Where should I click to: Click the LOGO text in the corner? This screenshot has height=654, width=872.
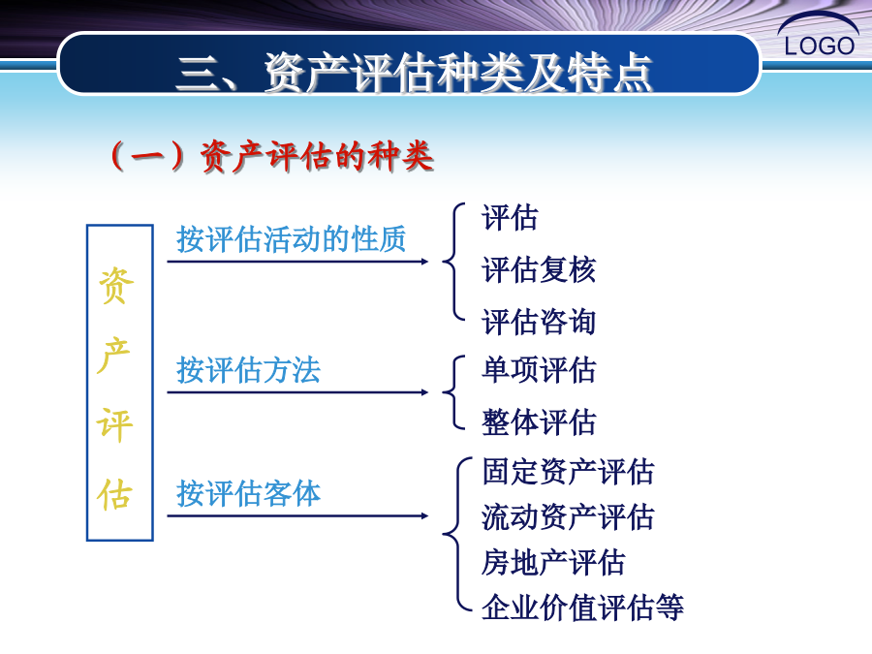pyautogui.click(x=819, y=46)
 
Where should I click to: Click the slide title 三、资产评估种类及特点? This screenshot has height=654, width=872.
pyautogui.click(x=415, y=73)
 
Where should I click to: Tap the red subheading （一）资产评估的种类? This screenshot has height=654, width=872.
pyautogui.click(x=272, y=156)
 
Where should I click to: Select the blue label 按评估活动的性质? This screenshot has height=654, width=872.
pyautogui.click(x=292, y=239)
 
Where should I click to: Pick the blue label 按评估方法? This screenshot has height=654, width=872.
pyautogui.click(x=248, y=370)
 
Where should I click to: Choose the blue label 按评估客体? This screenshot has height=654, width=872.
pyautogui.click(x=248, y=493)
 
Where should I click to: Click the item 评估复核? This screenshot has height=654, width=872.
pyautogui.click(x=539, y=269)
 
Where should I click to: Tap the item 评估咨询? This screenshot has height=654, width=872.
pyautogui.click(x=539, y=322)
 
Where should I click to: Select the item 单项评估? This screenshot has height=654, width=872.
pyautogui.click(x=539, y=370)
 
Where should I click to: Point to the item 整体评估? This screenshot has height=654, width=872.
pyautogui.click(x=539, y=422)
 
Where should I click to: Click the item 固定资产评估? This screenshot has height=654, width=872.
pyautogui.click(x=568, y=472)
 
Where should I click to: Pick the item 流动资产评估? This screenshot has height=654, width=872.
pyautogui.click(x=568, y=517)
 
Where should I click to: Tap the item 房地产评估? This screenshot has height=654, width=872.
pyautogui.click(x=553, y=562)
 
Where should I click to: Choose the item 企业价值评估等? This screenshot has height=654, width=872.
pyautogui.click(x=582, y=607)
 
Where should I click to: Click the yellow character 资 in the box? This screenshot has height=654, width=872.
pyautogui.click(x=115, y=286)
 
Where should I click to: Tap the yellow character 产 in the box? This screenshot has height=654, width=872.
pyautogui.click(x=114, y=356)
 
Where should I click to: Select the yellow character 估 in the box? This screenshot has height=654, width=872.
pyautogui.click(x=114, y=494)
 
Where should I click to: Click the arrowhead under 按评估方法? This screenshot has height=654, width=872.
pyautogui.click(x=425, y=392)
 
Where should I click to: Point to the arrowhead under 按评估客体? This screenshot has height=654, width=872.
pyautogui.click(x=425, y=516)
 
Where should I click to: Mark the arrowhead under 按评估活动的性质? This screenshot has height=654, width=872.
pyautogui.click(x=425, y=262)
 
